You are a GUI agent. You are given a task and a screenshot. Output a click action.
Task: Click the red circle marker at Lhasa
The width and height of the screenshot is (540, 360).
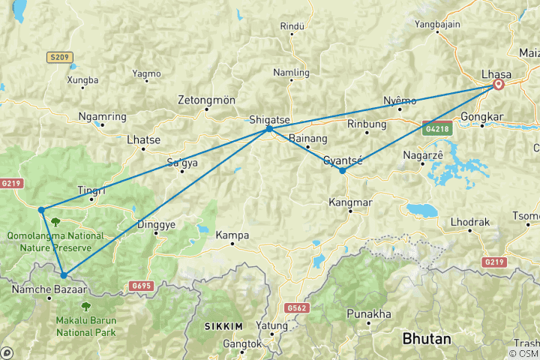click(x=498, y=85)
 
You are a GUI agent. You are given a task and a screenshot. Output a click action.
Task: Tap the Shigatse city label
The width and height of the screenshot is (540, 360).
click(x=267, y=118)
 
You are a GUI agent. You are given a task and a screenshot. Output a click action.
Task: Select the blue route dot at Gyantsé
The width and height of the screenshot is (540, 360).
click(x=342, y=171)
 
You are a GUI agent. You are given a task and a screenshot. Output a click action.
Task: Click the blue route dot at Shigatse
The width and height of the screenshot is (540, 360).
click(x=268, y=130)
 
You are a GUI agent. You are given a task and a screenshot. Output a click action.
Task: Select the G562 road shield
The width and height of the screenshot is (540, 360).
click(x=297, y=307)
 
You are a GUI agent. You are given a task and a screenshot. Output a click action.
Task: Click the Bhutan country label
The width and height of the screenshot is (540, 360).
click(x=427, y=339)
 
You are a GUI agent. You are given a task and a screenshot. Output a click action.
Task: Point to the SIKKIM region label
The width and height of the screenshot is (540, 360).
click(x=223, y=326)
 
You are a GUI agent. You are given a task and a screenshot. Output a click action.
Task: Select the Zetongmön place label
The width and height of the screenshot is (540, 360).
click(x=206, y=100)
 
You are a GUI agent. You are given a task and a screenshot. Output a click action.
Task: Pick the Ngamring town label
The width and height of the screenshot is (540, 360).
click(x=102, y=117)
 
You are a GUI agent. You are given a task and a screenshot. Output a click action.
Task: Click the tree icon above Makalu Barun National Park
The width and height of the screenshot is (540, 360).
click(x=86, y=306)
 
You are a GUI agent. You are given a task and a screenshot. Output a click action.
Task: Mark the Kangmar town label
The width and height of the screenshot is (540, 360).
click(x=349, y=202)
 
